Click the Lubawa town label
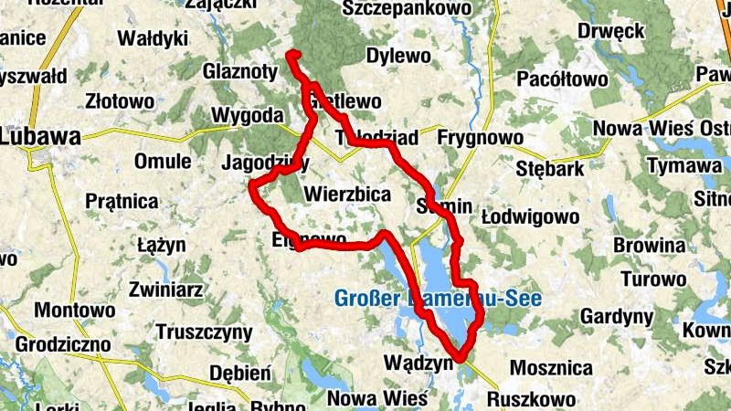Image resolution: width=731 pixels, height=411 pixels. tap(41, 137)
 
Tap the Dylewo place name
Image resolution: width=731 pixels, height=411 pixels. tap(397, 56)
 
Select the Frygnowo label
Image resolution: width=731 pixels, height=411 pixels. tap(481, 138)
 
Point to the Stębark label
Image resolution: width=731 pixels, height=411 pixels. tap(543, 168)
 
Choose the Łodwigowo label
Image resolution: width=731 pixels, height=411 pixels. tap(543, 217)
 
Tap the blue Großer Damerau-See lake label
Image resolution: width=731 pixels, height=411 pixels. tap(438, 299)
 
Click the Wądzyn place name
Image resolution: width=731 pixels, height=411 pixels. tap(421, 363)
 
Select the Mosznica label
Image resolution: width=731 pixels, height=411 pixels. tap(551, 368)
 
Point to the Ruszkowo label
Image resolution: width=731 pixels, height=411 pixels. tap(532, 399)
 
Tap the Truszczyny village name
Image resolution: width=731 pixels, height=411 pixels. tap(203, 331)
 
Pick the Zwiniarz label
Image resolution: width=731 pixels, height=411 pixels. tap(165, 290)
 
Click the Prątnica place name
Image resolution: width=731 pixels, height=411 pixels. tap(122, 201)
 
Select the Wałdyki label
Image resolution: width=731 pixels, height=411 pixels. tap(153, 38)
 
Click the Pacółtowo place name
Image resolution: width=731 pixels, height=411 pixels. tap(562, 79)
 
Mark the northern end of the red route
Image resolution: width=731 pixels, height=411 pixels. tap(291, 55)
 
